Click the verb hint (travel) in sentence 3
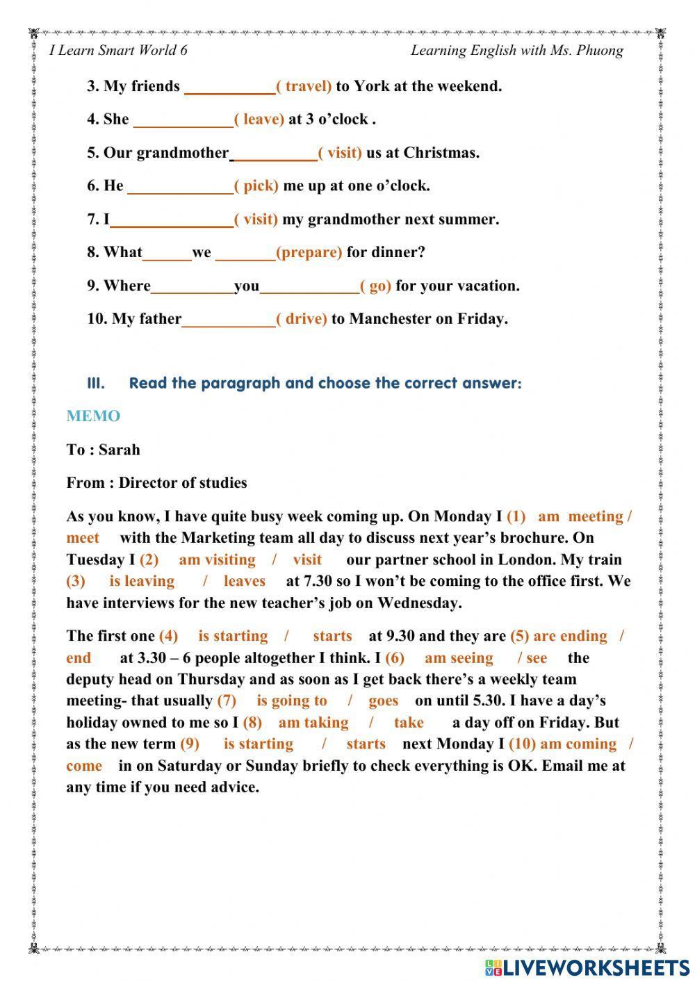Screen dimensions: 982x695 point(304,86)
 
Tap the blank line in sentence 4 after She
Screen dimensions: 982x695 point(183,121)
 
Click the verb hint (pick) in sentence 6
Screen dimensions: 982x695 point(256,186)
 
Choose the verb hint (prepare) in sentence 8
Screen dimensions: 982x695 point(309,252)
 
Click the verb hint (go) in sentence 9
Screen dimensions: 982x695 point(375,286)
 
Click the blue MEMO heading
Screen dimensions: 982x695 point(93,416)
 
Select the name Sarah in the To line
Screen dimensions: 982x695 point(119,450)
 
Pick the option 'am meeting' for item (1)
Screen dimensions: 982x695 point(580,516)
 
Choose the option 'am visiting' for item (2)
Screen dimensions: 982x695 point(217,559)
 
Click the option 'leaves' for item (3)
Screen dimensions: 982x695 point(244,581)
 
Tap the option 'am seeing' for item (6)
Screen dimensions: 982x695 point(459,658)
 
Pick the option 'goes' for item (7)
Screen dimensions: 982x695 point(383,701)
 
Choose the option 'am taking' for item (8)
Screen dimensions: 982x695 point(313,722)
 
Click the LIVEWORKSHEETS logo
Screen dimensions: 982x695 point(587,967)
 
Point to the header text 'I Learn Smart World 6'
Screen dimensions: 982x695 point(119,50)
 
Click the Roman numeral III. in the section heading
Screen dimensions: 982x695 point(96,383)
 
